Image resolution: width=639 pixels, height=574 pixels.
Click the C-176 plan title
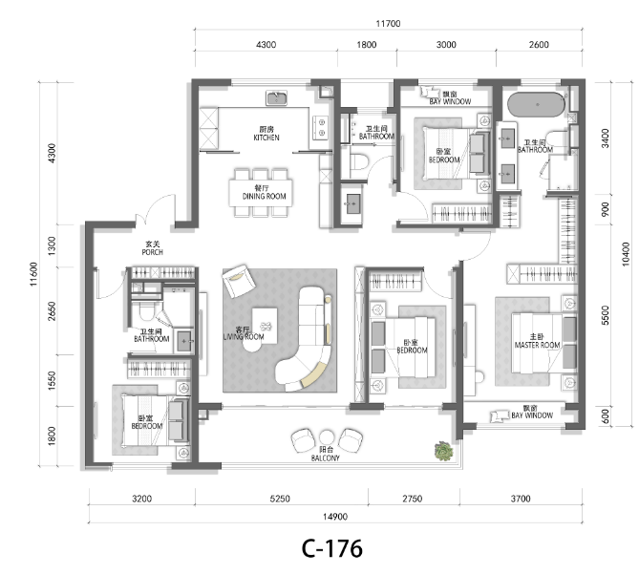click(331, 548)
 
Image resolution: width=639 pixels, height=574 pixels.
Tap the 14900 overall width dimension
click(335, 517)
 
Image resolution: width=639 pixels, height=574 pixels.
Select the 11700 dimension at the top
click(388, 24)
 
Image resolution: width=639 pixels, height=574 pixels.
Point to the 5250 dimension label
click(280, 499)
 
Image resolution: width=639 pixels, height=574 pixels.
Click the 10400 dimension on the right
click(626, 254)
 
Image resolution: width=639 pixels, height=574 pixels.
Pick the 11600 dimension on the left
click(33, 274)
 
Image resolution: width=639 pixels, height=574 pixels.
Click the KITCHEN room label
click(266, 138)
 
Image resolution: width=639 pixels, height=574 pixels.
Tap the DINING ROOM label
click(264, 197)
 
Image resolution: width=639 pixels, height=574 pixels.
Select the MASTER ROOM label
click(537, 345)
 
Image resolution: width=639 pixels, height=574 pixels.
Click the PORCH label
click(153, 252)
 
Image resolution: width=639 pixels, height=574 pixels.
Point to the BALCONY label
click(325, 457)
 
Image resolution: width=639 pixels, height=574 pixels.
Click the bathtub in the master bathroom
click(536, 105)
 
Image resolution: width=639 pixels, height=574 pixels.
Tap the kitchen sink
click(277, 98)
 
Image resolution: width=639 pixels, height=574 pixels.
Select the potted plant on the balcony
click(444, 452)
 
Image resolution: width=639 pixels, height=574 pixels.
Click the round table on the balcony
click(327, 437)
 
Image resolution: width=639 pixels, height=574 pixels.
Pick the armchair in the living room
click(239, 281)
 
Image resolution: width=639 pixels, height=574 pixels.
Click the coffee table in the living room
click(265, 326)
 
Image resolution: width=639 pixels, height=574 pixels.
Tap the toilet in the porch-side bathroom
click(146, 311)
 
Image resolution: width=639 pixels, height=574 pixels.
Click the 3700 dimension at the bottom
click(521, 499)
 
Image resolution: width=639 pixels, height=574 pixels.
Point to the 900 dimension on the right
click(606, 209)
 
